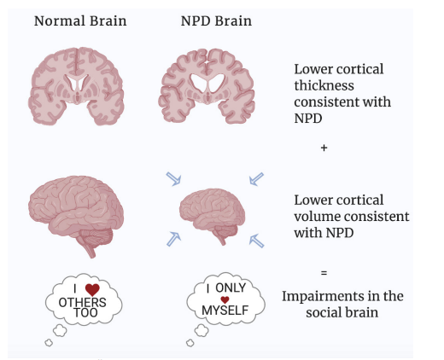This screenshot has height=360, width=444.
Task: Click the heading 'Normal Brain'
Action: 80,21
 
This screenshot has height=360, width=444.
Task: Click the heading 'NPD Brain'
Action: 216,21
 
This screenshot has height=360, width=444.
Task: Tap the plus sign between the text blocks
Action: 324,148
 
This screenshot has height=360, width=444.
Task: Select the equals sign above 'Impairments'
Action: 324,273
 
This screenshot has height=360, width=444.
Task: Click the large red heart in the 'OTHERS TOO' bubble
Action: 92,289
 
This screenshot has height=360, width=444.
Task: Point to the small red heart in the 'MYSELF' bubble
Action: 225,299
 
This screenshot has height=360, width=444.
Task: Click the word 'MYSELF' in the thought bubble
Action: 225,311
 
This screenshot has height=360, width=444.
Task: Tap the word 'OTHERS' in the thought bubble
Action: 83,303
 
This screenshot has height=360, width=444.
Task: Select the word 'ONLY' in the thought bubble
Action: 231,287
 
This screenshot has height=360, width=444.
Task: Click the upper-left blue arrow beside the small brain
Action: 173,179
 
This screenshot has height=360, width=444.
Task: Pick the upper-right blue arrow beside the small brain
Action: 256,179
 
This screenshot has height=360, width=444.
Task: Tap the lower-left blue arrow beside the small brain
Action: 173,239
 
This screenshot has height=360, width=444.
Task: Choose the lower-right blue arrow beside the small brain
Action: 256,241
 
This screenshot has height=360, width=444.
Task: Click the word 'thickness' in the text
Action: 324,85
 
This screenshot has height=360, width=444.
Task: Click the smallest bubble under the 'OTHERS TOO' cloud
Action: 49,343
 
